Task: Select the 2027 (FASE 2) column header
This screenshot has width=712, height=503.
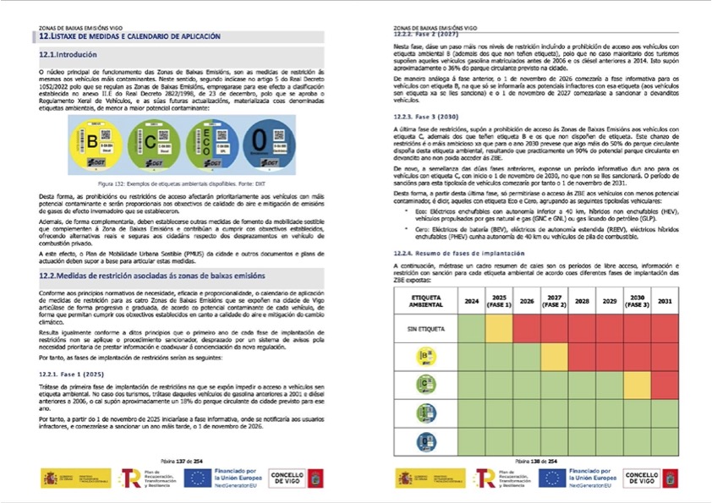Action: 555,300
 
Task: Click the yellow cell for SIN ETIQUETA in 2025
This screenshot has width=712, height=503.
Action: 499,326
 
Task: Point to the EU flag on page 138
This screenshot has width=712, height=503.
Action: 552,478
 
